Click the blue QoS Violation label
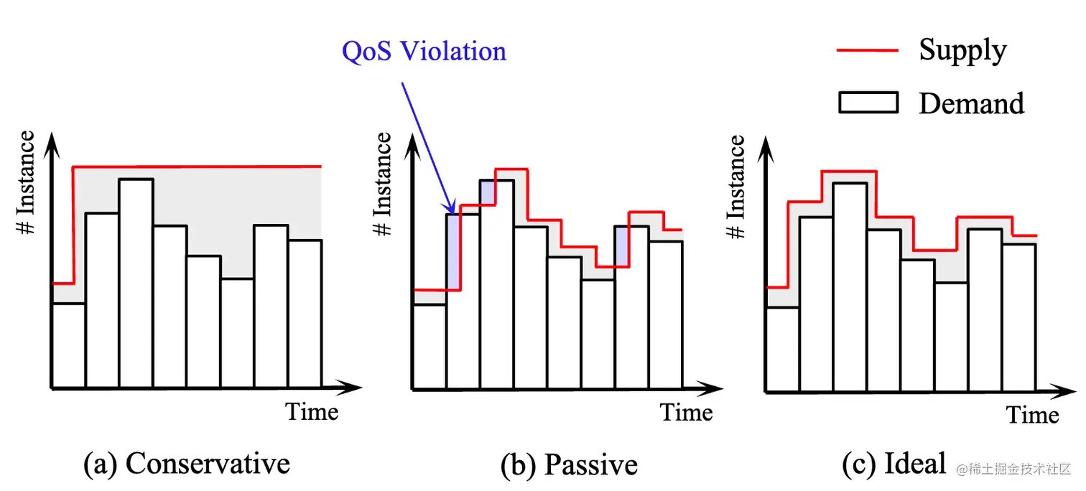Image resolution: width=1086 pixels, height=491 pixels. click(x=424, y=52)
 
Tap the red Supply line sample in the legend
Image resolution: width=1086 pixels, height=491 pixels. click(x=867, y=50)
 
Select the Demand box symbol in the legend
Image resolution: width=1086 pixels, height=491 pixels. click(x=868, y=103)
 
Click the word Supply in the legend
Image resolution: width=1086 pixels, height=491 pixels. click(x=962, y=50)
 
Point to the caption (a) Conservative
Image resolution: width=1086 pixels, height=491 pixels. click(x=187, y=464)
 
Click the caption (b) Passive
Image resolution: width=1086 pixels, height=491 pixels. click(x=569, y=465)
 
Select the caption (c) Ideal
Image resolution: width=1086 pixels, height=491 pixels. click(x=894, y=464)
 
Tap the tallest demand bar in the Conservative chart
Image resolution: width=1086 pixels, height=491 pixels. click(x=136, y=284)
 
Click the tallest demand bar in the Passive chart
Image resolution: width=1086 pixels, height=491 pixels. click(x=496, y=284)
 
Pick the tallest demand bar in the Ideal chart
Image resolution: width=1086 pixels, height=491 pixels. click(x=850, y=287)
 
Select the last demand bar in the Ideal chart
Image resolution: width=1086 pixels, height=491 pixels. click(x=1018, y=318)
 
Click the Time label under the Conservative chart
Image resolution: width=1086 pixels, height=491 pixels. click(x=312, y=412)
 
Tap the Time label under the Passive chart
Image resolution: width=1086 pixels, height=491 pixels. click(x=686, y=413)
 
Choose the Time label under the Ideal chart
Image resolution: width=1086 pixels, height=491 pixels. click(x=1032, y=415)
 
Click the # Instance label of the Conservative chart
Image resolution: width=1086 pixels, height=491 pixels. click(x=26, y=183)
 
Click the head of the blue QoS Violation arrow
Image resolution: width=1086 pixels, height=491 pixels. click(x=451, y=210)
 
